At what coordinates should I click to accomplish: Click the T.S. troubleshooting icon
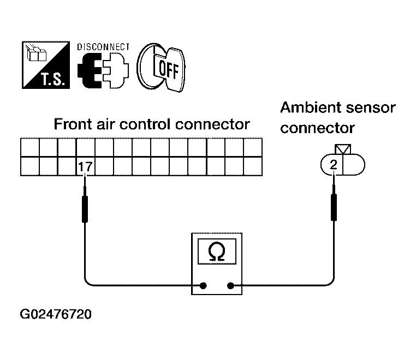tap(46, 65)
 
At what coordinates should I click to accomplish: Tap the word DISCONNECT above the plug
tap(103, 47)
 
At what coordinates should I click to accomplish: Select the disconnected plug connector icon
tap(103, 70)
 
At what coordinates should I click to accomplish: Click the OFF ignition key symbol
tap(161, 68)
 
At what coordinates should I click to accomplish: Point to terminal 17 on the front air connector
tap(85, 166)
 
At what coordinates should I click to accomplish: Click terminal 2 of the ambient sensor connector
tap(333, 165)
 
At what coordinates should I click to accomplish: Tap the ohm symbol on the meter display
tap(217, 251)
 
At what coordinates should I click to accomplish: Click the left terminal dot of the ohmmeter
tap(203, 286)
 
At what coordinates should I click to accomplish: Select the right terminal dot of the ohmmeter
tap(230, 286)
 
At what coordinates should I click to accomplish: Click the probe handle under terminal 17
tap(85, 209)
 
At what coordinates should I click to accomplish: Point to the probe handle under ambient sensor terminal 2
tap(334, 207)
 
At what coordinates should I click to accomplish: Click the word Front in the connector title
tap(73, 124)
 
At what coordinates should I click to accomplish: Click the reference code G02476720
tap(56, 314)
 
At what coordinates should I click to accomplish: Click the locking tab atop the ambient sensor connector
tap(343, 149)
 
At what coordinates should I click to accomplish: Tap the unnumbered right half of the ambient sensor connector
tap(354, 165)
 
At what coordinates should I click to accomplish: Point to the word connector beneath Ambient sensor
tap(317, 129)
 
